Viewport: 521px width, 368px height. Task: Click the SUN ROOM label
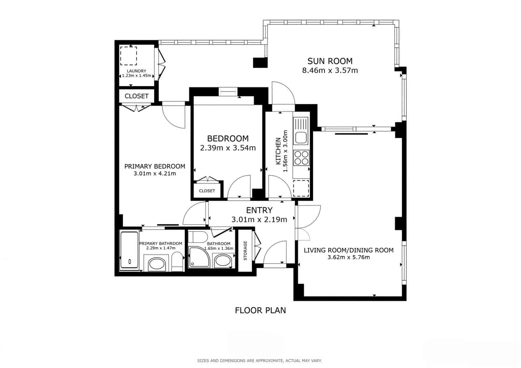tap(330, 61)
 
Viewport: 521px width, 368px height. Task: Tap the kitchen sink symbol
tap(301, 131)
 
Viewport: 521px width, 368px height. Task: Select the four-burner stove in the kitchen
tap(301, 158)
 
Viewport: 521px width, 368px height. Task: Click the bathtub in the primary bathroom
tap(130, 250)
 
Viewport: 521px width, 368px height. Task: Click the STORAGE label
tap(246, 251)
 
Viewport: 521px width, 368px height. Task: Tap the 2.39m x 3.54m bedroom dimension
tap(228, 148)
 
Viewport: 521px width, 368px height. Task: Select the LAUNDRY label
tap(136, 71)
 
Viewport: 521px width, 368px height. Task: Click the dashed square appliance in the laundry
tap(129, 56)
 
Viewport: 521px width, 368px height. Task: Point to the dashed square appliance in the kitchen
tap(301, 188)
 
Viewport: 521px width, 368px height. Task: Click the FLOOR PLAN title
tap(260, 310)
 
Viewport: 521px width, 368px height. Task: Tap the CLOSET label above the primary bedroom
tap(136, 96)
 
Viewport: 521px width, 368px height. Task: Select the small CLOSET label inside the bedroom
tap(207, 191)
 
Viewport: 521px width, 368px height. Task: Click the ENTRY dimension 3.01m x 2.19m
tap(259, 220)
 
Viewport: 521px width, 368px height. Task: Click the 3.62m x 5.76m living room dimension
tap(348, 257)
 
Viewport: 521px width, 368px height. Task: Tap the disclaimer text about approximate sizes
tap(259, 361)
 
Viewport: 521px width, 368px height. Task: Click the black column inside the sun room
tap(260, 62)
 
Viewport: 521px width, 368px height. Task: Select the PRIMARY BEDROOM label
tap(155, 166)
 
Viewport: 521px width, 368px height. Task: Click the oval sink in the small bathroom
tap(223, 261)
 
